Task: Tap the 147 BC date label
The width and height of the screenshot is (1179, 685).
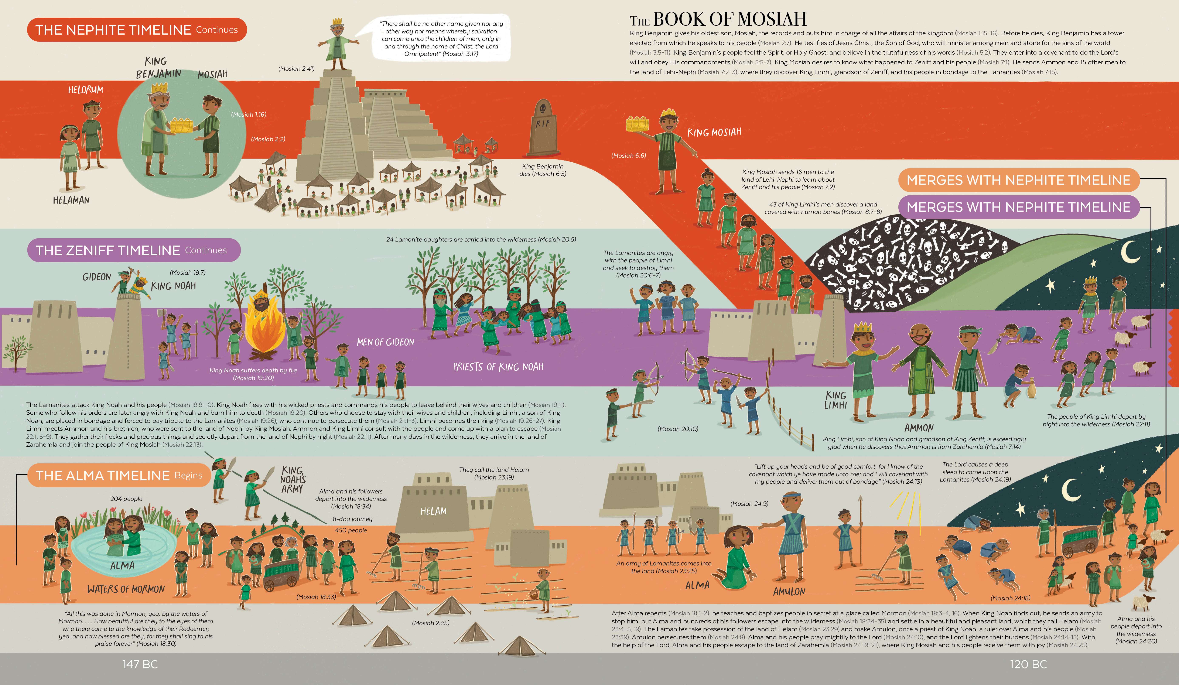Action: click(140, 664)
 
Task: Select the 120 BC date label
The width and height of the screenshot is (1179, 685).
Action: click(1028, 664)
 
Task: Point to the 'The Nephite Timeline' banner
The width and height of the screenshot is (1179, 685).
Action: click(137, 30)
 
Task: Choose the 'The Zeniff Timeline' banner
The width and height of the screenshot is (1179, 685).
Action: click(133, 250)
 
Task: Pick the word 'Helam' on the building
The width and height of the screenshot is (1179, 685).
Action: click(433, 511)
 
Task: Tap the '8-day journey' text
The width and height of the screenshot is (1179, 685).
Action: click(352, 519)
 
